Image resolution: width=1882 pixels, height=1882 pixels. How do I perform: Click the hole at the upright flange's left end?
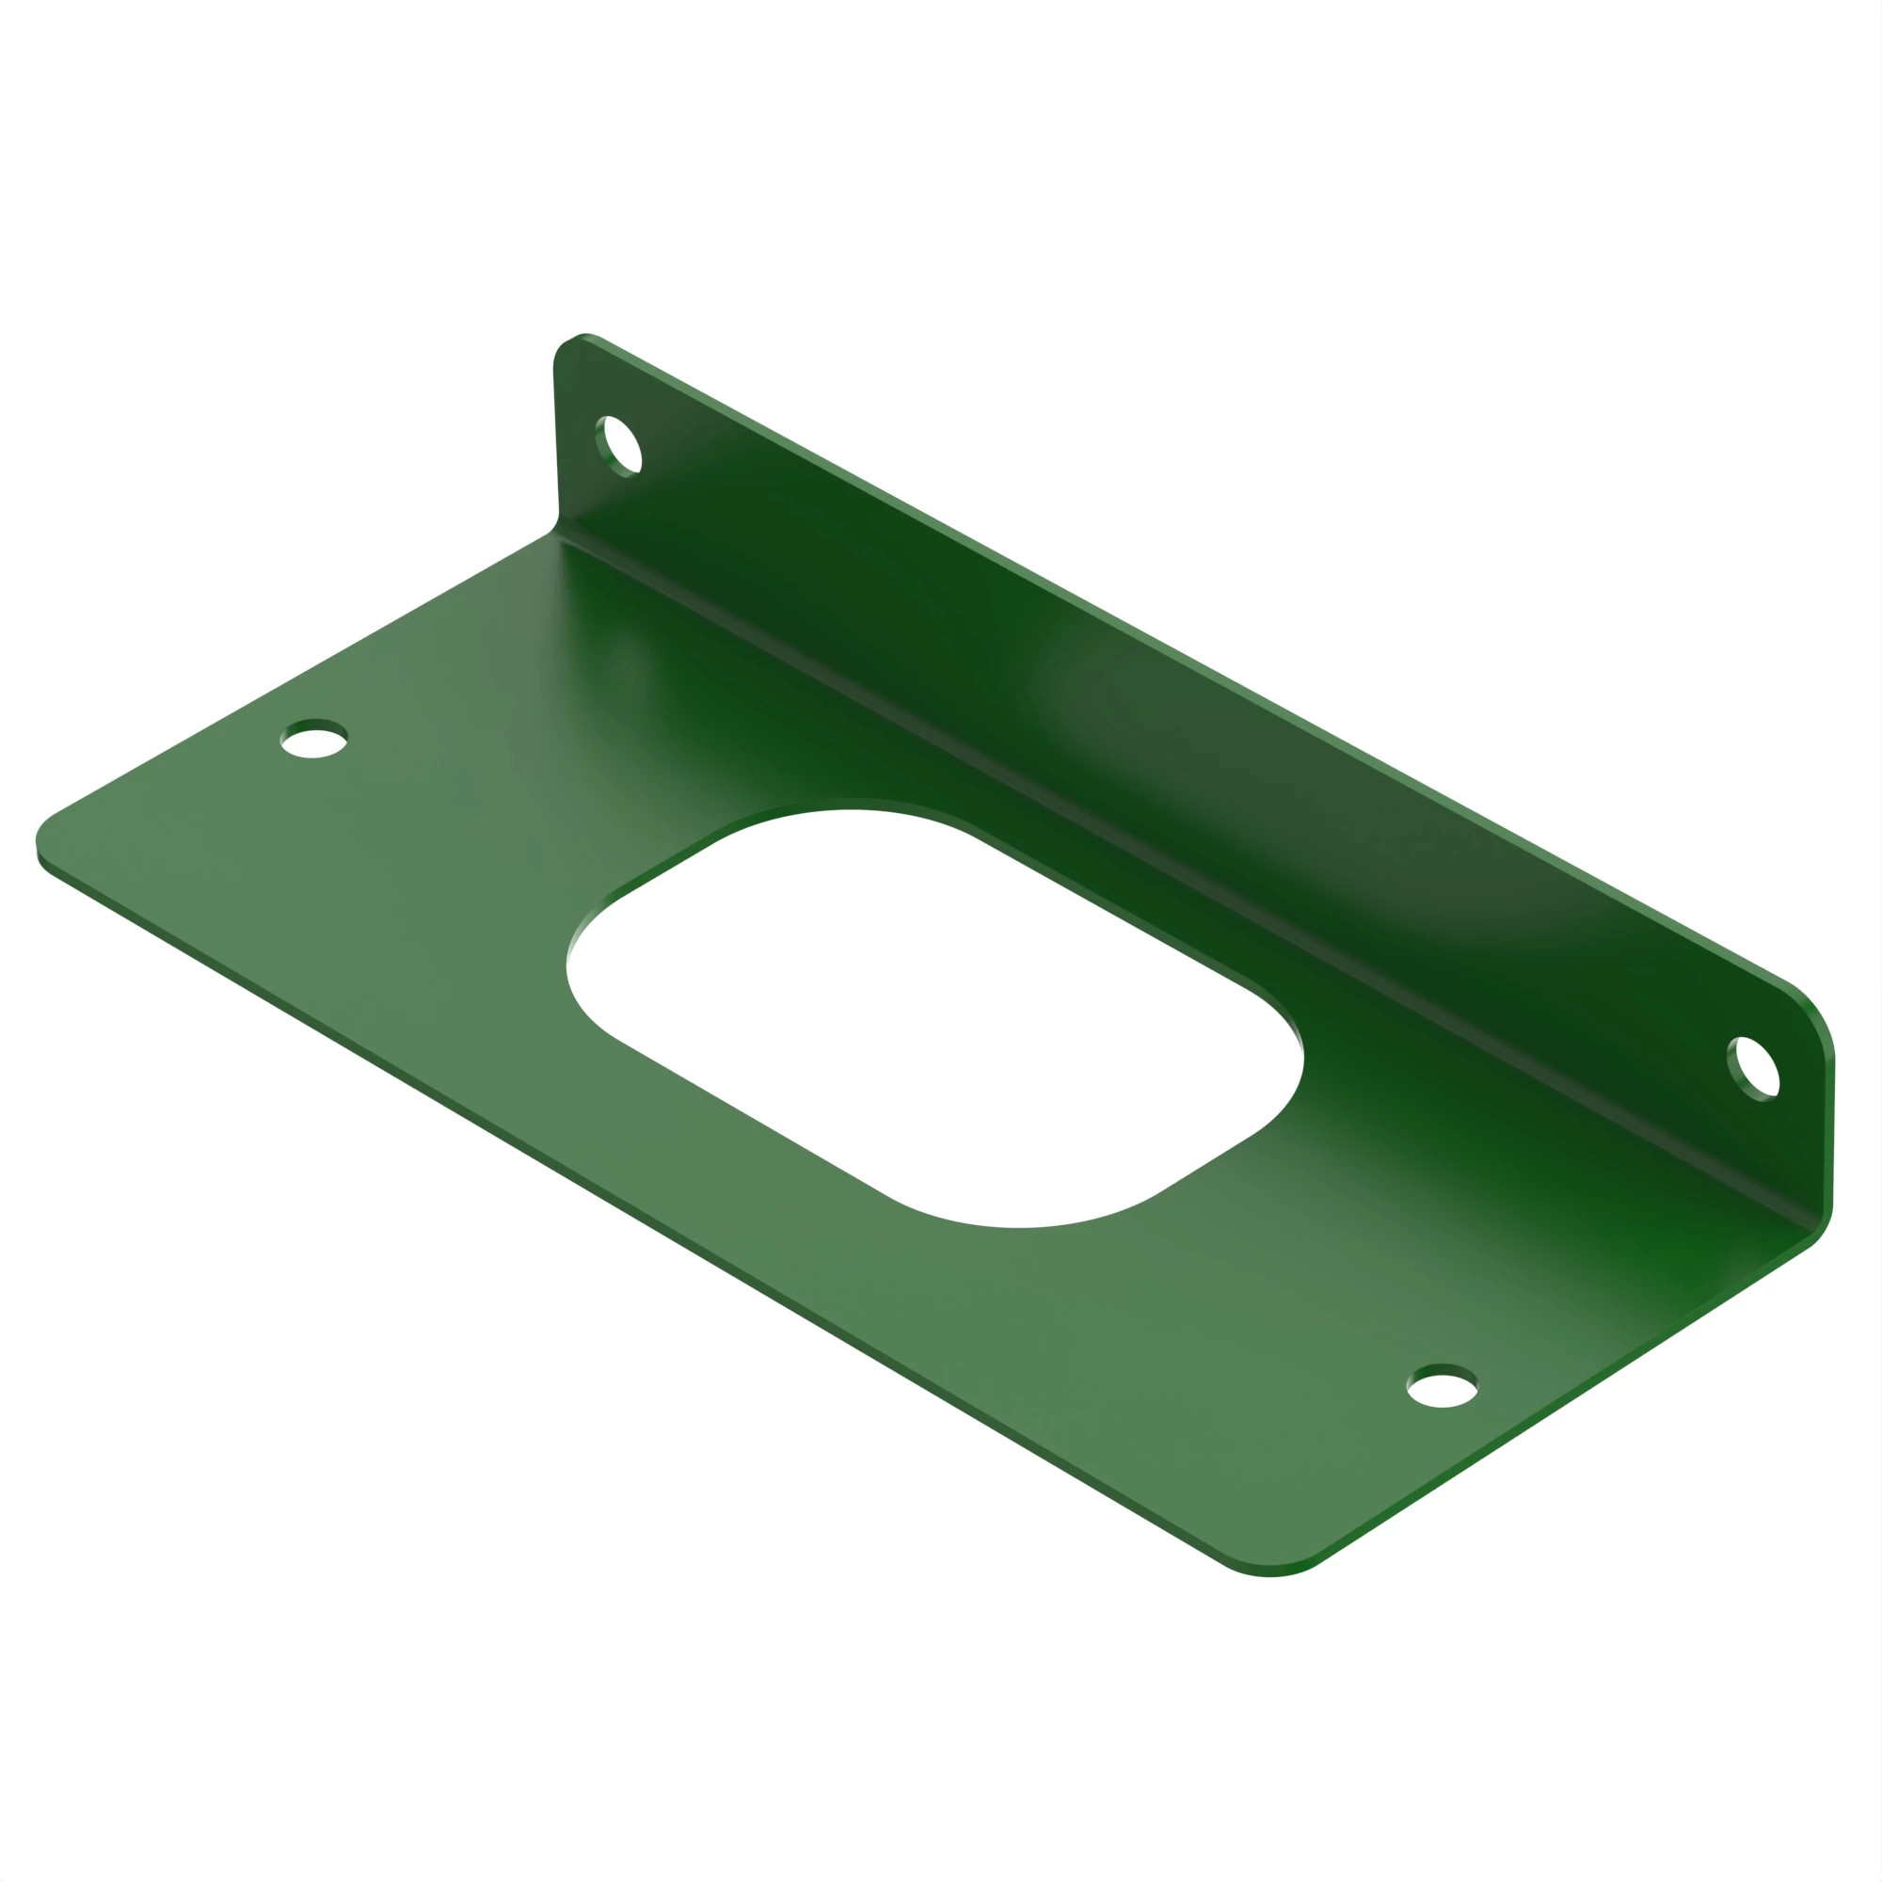[619, 445]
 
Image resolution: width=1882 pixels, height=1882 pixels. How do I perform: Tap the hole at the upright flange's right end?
[1754, 1069]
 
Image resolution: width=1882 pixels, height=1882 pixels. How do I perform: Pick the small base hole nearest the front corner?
[1442, 1387]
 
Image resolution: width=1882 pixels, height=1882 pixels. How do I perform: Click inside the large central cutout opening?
[935, 1013]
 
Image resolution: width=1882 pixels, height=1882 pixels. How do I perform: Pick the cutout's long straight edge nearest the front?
[750, 1116]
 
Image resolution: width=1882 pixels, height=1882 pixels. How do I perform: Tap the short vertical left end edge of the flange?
[555, 439]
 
